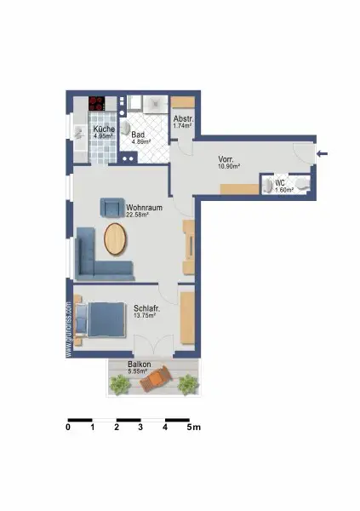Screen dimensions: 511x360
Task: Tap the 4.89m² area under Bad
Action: pos(140,142)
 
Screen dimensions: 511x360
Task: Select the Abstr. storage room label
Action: pos(182,119)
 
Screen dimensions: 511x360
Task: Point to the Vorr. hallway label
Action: pos(226,158)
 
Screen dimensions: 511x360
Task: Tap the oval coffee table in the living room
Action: pos(117,239)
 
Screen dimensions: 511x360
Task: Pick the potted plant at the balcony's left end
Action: pos(120,386)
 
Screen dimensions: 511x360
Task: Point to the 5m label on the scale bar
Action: pos(193,428)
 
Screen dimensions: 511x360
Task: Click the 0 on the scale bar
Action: pos(67,428)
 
